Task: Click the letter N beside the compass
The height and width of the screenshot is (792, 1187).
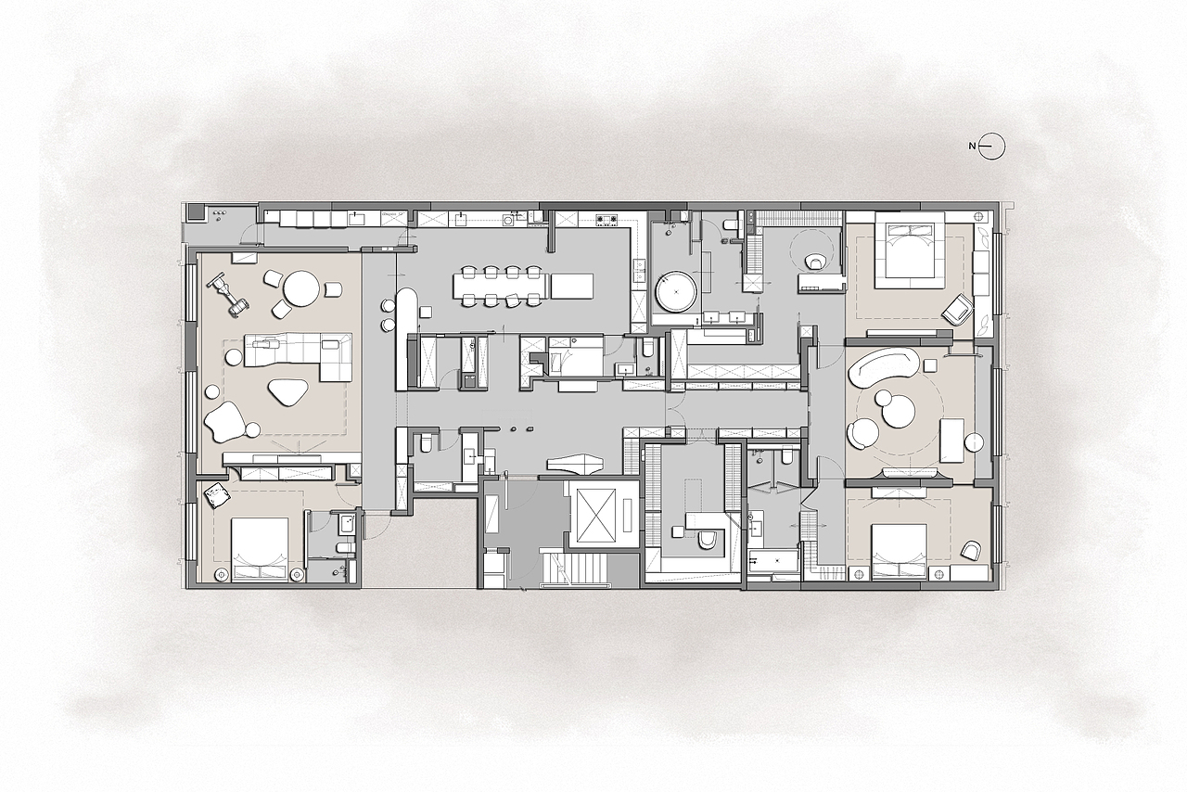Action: tap(972, 146)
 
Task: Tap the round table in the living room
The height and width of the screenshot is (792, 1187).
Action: tap(301, 289)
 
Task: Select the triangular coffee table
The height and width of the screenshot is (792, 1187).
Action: tap(287, 392)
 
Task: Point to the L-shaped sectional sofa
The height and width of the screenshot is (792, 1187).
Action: tap(300, 355)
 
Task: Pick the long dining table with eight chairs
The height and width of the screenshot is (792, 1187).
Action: tap(499, 287)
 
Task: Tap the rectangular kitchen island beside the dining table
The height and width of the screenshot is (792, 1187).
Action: tap(572, 287)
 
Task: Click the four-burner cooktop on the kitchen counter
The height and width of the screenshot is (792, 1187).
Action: tap(604, 219)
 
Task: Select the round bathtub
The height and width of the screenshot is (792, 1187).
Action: tap(676, 291)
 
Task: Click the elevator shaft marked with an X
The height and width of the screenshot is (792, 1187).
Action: tap(597, 516)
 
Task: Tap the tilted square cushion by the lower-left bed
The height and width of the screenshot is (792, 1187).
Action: tap(218, 496)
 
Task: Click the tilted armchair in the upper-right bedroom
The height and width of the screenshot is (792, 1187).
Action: tap(958, 310)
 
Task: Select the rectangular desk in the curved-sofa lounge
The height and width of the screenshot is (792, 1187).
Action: tap(951, 440)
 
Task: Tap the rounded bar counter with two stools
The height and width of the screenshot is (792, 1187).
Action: tap(407, 312)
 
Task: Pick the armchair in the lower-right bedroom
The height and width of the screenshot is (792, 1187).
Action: tap(971, 550)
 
